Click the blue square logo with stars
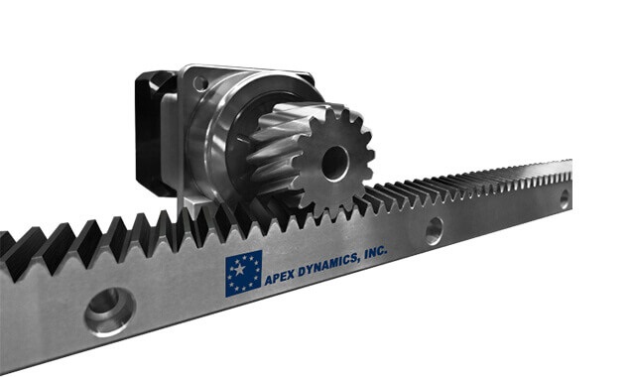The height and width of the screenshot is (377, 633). pyautogui.click(x=243, y=273)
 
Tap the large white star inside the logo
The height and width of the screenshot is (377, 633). pyautogui.click(x=239, y=269)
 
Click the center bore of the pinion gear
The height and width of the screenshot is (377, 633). pyautogui.click(x=334, y=163)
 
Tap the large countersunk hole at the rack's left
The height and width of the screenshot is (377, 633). pyautogui.click(x=109, y=311)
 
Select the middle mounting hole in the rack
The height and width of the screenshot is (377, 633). pyautogui.click(x=434, y=231)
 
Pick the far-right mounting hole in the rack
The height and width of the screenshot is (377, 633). pyautogui.click(x=565, y=199)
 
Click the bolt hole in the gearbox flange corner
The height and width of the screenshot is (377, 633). pyautogui.click(x=200, y=84)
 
